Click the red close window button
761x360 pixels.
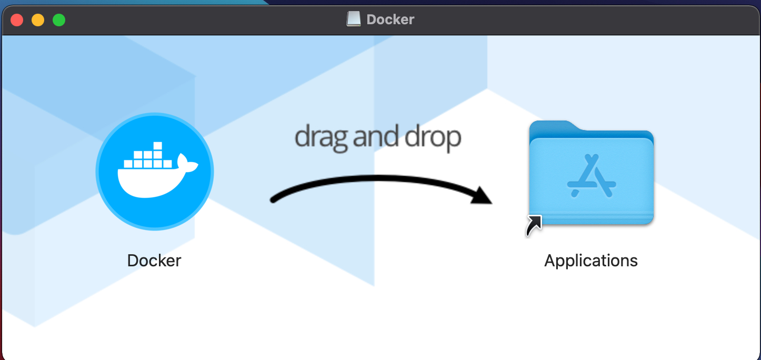pos(17,20)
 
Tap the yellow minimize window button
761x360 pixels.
pos(38,20)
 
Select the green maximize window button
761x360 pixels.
pos(59,20)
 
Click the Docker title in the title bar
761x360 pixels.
pos(390,19)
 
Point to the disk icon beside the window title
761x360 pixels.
pos(354,19)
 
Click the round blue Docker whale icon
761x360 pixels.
pos(154,171)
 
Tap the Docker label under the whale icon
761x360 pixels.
pos(154,261)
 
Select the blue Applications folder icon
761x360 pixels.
pos(591,174)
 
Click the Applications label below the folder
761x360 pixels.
pos(591,261)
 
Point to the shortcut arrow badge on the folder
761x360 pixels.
pos(534,225)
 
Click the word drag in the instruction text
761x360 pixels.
pos(321,137)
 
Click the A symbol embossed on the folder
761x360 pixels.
pos(592,176)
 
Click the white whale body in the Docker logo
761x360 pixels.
pos(147,182)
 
